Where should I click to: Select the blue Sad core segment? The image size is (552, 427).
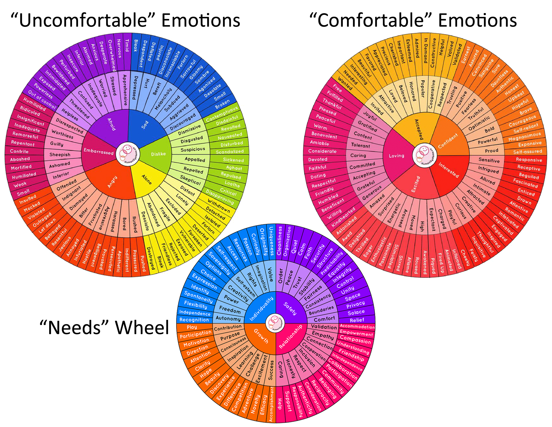pyautogui.click(x=144, y=125)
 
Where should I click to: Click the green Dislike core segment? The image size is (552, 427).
pyautogui.click(x=158, y=154)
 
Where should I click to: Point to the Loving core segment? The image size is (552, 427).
pyautogui.click(x=396, y=156)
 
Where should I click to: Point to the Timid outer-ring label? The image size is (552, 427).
pyautogui.click(x=127, y=45)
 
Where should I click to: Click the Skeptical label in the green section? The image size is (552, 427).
pyautogui.click(x=190, y=180)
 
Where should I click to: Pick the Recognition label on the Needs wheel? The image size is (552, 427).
pyautogui.click(x=194, y=319)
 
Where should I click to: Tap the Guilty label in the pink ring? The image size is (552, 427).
pyautogui.click(x=57, y=144)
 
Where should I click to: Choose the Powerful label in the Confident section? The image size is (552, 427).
pyautogui.click(x=487, y=141)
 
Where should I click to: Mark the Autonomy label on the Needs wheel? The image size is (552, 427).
pyautogui.click(x=228, y=318)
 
